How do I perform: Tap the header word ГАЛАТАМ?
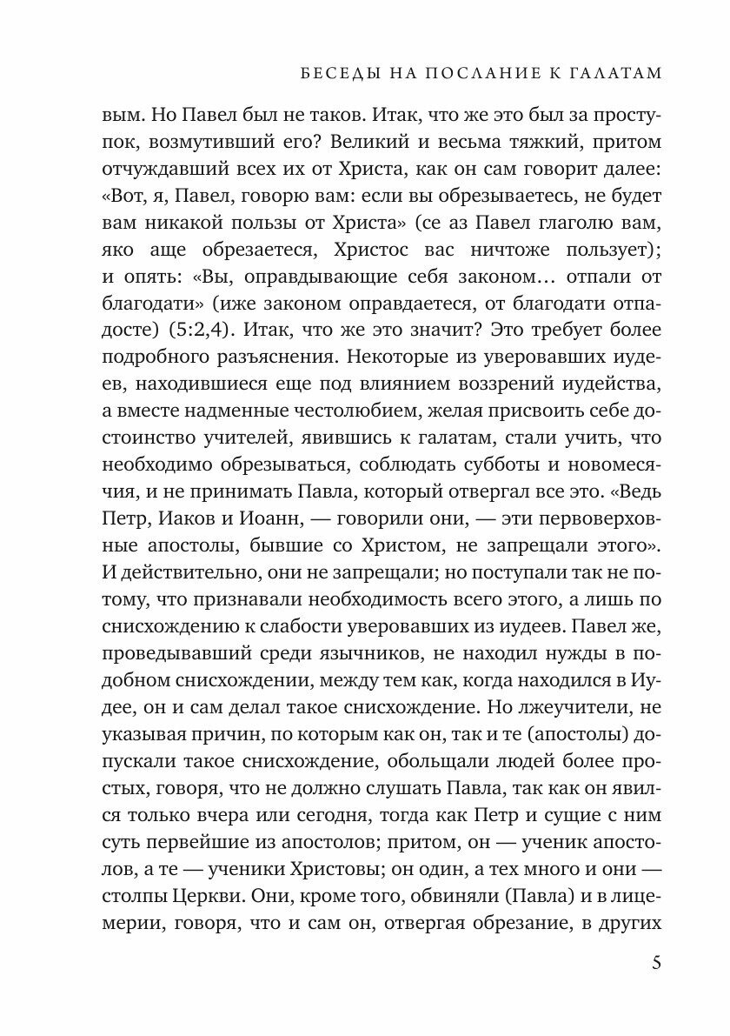point(612,74)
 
